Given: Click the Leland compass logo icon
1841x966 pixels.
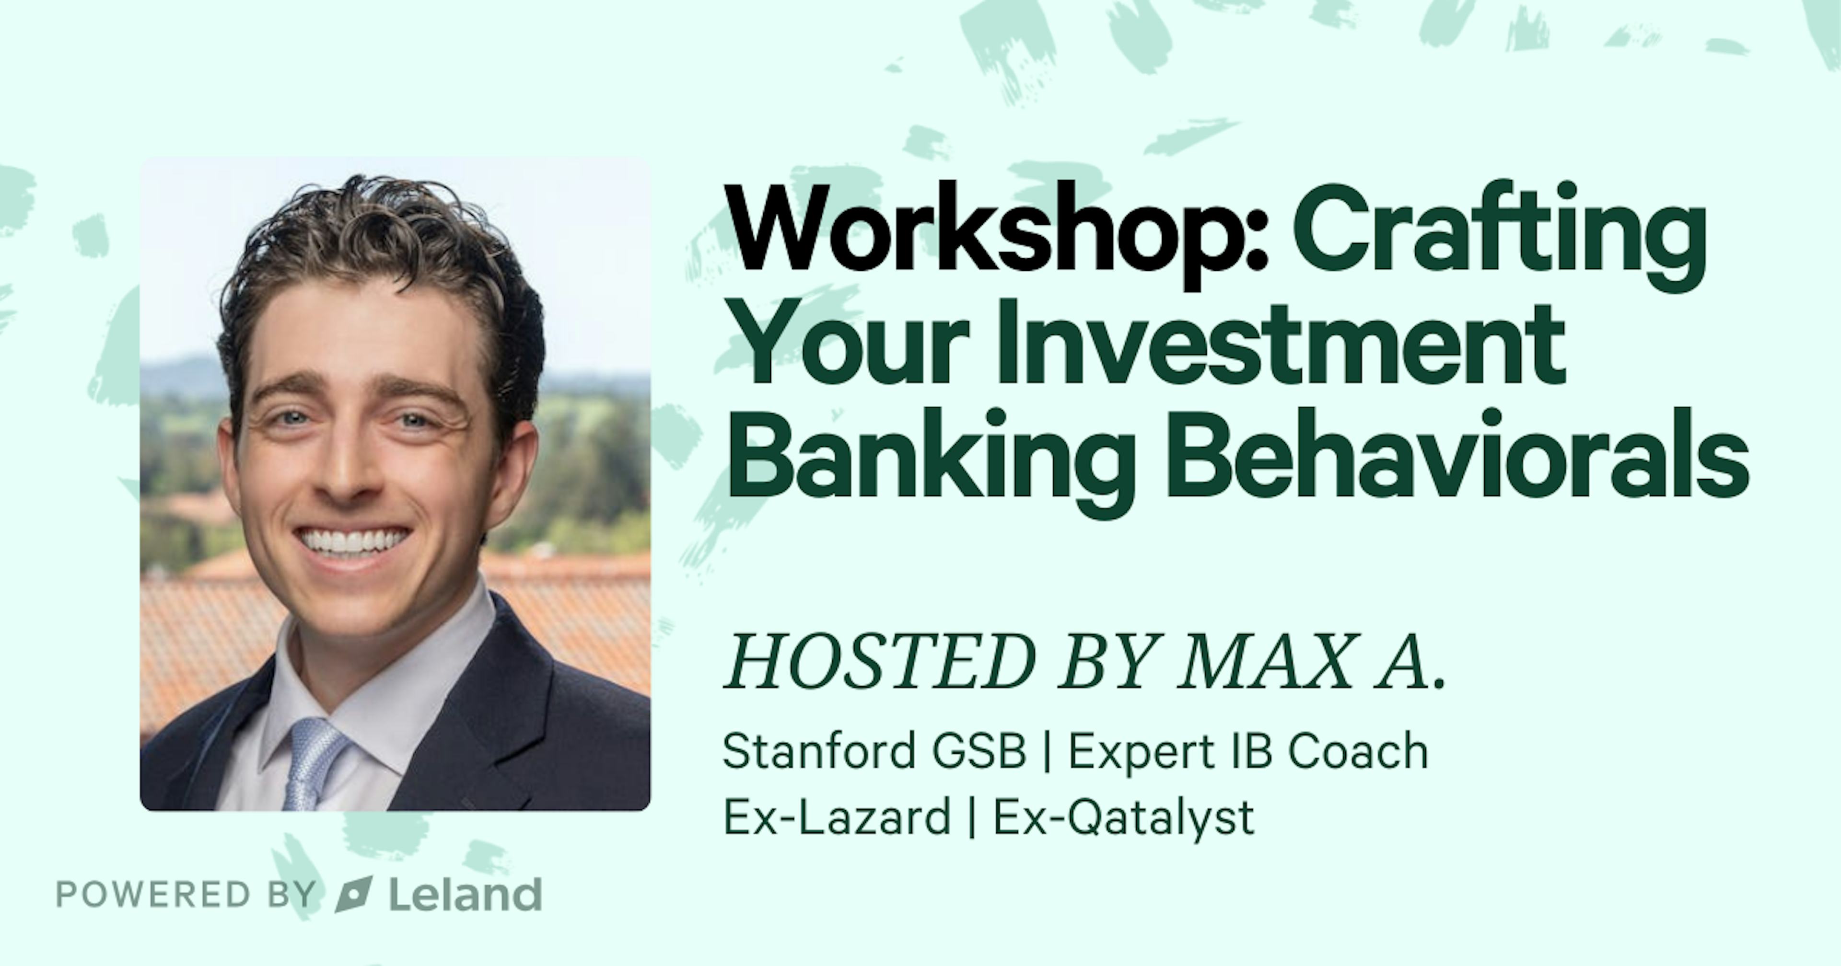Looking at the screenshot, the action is (x=354, y=894).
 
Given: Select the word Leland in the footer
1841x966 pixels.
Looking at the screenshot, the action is (x=465, y=893).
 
